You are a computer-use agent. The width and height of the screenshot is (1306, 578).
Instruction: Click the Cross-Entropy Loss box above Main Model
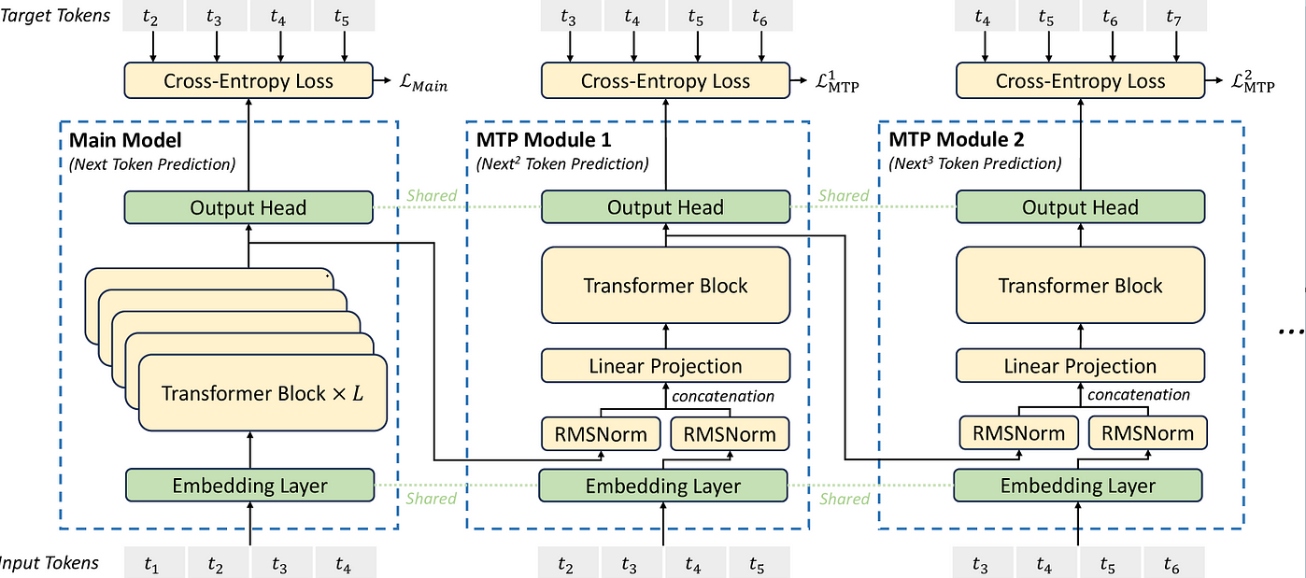(x=248, y=80)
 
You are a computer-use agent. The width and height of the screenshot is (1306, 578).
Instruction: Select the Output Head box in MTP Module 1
(x=665, y=207)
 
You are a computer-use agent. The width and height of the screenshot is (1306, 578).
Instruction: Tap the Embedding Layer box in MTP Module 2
(x=1077, y=486)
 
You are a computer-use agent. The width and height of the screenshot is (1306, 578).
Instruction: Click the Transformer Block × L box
(x=263, y=393)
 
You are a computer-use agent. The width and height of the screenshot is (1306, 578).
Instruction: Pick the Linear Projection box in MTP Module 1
(x=665, y=366)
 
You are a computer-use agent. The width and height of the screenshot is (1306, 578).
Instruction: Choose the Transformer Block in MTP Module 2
(x=1080, y=285)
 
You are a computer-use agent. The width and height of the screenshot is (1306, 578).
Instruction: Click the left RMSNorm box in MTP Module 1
(x=601, y=434)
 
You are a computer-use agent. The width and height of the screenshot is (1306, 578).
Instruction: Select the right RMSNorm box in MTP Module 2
(x=1147, y=433)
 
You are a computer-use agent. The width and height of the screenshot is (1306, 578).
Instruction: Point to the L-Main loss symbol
(x=423, y=83)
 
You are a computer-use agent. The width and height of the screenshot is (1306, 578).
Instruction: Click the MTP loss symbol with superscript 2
(x=1253, y=82)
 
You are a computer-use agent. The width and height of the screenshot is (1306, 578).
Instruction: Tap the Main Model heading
(x=125, y=140)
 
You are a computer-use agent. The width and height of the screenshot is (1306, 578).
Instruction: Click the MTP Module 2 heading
(x=957, y=139)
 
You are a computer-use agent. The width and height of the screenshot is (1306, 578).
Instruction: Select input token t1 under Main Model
(x=154, y=563)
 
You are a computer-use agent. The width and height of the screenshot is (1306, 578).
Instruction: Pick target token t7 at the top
(x=1176, y=16)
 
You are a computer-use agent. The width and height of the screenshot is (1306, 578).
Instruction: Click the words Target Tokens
(x=55, y=15)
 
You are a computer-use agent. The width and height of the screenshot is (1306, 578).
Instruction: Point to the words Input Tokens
(x=49, y=563)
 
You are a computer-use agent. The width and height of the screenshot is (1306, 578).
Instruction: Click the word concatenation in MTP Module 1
(x=723, y=396)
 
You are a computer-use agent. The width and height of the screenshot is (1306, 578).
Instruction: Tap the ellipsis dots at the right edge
(x=1291, y=331)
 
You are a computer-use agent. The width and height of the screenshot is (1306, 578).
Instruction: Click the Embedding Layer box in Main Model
(x=249, y=486)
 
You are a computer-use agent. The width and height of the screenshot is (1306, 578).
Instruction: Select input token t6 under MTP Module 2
(x=1173, y=563)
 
